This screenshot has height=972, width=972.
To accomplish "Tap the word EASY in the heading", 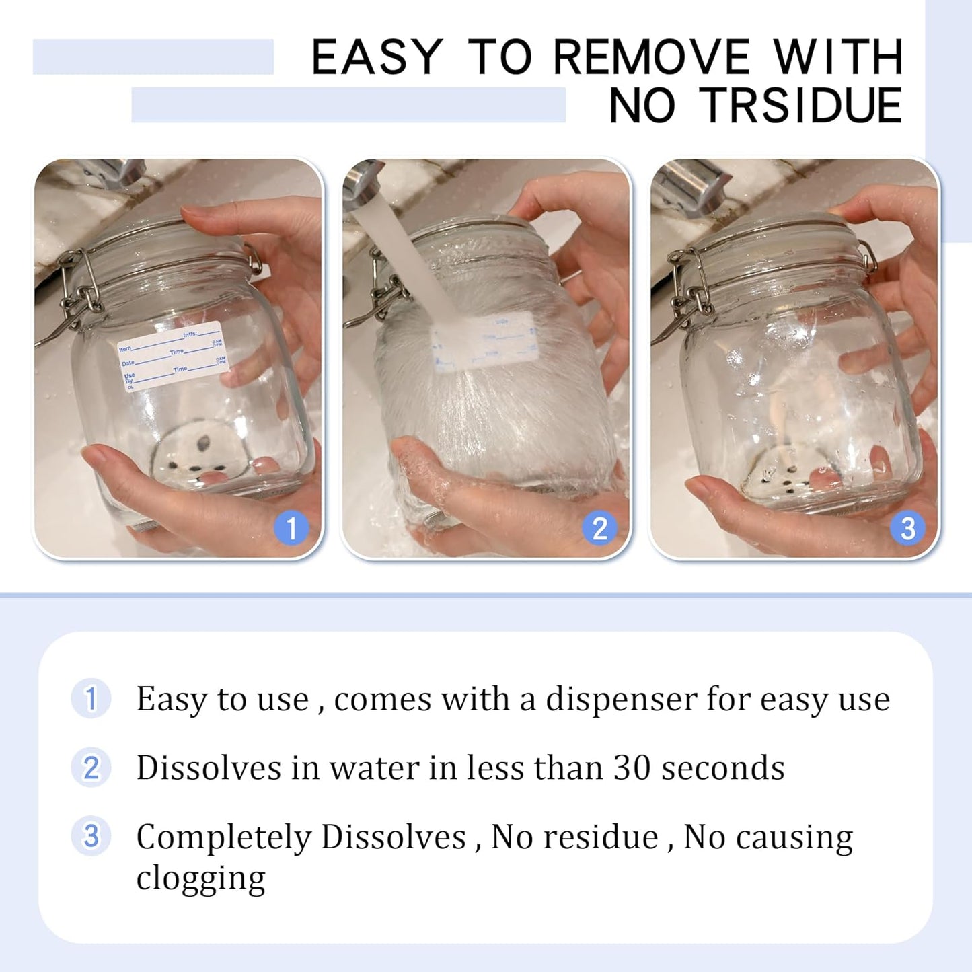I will point(377,57).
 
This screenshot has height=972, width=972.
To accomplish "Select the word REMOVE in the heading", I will point(650,57).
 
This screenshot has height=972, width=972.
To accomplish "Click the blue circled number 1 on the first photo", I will point(291,528).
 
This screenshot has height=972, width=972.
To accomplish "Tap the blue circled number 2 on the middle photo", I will point(599,528).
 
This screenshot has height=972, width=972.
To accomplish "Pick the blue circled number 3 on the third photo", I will point(907,528).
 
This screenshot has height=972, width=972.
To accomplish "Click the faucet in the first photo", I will point(108,172).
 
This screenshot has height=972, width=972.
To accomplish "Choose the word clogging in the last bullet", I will point(200,878).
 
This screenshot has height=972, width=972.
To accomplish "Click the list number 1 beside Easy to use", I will point(91,698).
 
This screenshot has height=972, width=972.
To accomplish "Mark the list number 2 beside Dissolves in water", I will point(91,768).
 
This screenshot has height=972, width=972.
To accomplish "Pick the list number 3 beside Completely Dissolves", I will point(91,836).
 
